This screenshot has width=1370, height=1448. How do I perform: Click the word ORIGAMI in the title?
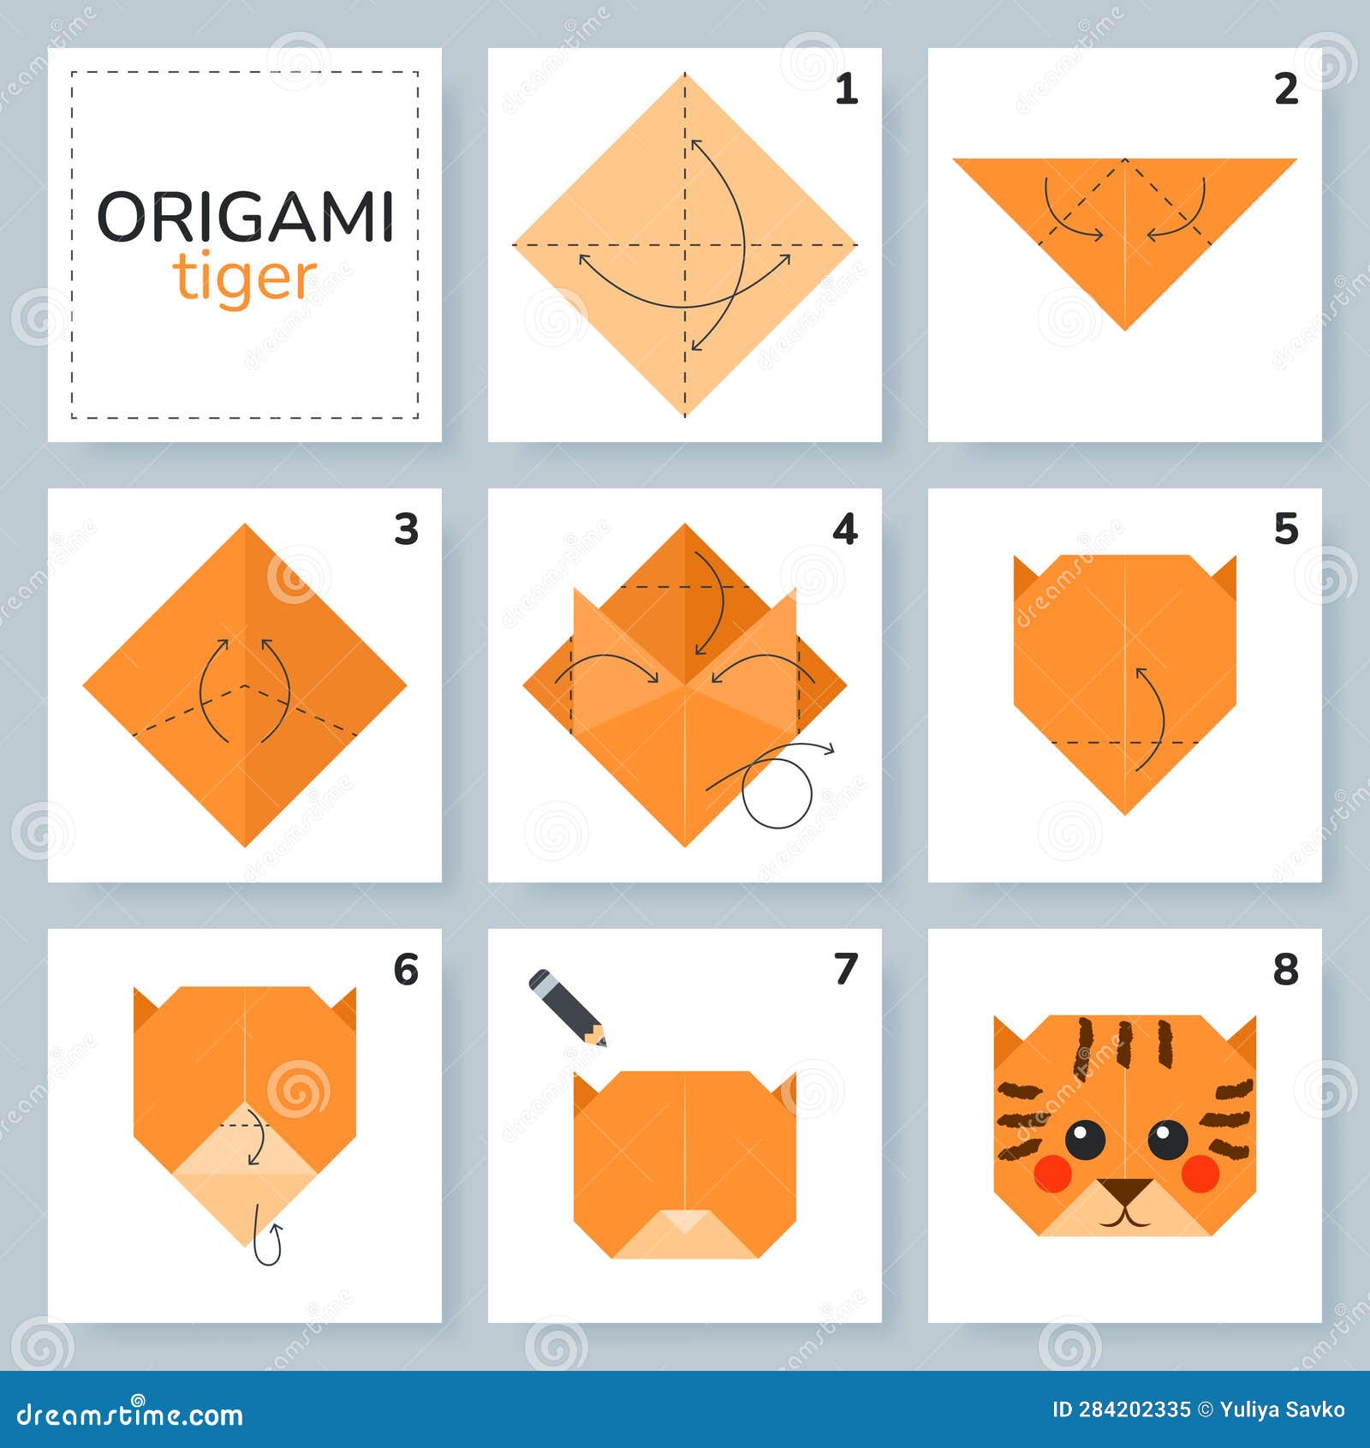[246, 216]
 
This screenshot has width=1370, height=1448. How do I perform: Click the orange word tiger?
[246, 278]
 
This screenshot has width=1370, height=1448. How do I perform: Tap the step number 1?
[846, 89]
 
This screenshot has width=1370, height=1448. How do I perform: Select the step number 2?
[1286, 89]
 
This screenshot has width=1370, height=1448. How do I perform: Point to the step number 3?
[406, 530]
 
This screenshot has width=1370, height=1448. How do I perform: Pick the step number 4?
[845, 530]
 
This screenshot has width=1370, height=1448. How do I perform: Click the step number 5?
[1286, 530]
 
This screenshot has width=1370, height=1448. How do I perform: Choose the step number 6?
[406, 970]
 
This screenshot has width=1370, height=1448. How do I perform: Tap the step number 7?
[846, 970]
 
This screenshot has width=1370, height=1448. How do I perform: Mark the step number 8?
[1286, 970]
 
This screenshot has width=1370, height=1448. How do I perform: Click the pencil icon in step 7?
[567, 1007]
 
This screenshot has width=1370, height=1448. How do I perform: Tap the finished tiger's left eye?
[1085, 1139]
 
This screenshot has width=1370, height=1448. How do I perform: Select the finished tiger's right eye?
[1167, 1139]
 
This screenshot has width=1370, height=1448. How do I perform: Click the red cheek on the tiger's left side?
[1052, 1173]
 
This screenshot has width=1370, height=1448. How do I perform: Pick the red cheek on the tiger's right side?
[1200, 1173]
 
